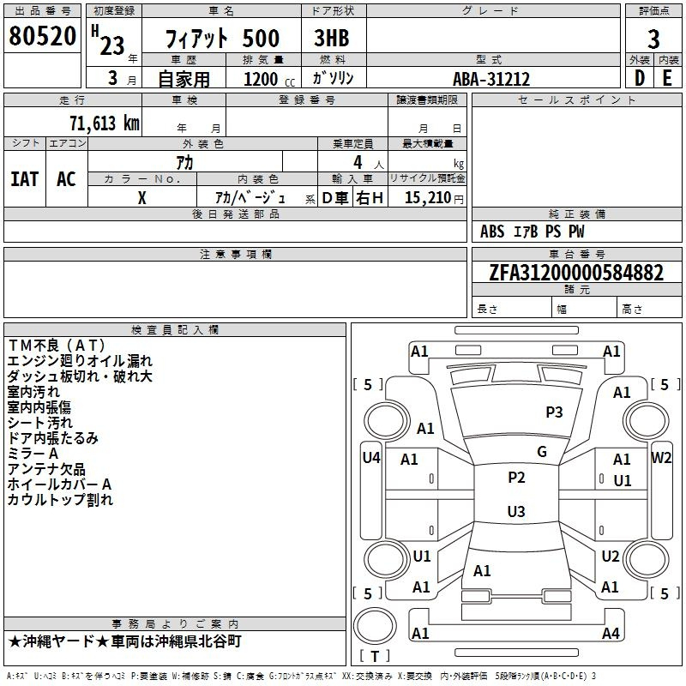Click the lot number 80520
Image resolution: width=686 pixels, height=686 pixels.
point(42,35)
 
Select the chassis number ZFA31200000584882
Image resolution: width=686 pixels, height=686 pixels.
point(576,272)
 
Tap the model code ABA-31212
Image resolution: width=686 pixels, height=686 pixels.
point(491,79)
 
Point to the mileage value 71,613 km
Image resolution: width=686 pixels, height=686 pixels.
point(105,123)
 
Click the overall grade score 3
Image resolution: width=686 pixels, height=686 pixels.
point(653,39)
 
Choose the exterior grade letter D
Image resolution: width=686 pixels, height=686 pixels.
point(639,78)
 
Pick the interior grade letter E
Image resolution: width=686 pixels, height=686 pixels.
point(667,78)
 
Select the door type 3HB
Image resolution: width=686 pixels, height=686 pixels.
point(332,38)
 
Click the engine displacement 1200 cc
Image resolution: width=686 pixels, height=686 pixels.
point(269,79)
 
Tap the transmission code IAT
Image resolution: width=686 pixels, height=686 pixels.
point(25,179)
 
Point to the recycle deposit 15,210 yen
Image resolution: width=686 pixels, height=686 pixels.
point(434,197)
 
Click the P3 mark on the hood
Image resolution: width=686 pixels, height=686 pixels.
point(554,412)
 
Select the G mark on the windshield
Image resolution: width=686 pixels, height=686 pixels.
point(542,452)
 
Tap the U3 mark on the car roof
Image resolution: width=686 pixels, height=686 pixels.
point(516,511)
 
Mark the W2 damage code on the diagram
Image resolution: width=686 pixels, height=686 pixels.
point(661,458)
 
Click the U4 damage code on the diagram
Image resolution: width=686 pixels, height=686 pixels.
point(371,458)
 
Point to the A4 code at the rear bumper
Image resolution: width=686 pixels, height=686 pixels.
point(611,633)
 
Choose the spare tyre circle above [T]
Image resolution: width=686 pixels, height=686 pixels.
point(375,626)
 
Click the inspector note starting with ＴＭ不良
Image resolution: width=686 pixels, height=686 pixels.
point(57,346)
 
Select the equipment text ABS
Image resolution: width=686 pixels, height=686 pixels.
point(492,232)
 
